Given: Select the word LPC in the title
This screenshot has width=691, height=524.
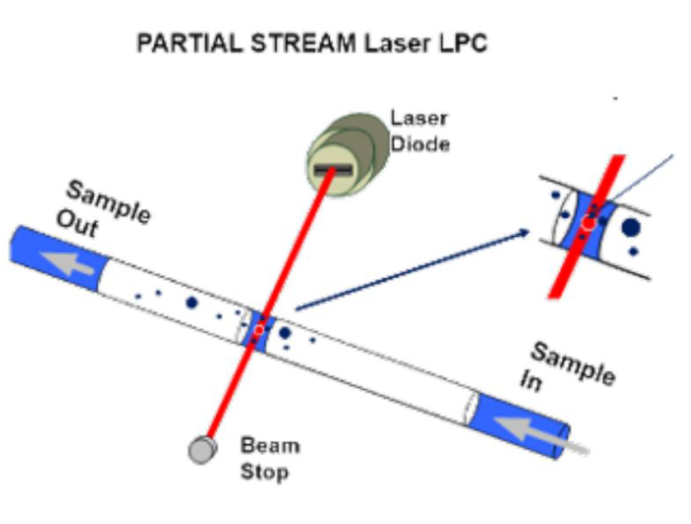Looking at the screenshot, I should coord(461,44).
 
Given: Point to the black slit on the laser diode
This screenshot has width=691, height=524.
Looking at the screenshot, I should coord(333,171).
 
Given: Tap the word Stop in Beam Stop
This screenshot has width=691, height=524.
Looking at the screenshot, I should coord(264,472).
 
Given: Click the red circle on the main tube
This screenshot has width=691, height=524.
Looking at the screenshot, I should coord(258,330).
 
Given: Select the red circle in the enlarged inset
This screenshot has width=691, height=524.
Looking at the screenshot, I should coord(588,223).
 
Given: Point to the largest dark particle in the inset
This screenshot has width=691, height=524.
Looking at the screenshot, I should coord(631,227).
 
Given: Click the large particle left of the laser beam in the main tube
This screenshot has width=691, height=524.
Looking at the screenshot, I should coord(192,303).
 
